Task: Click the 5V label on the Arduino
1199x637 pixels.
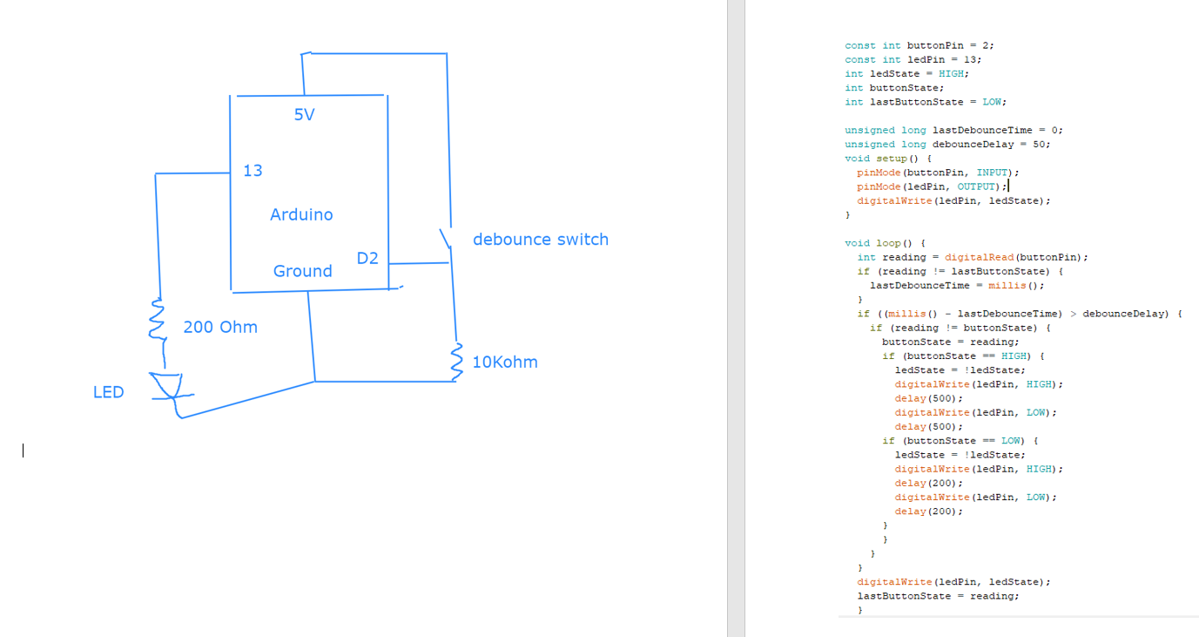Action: [x=304, y=114]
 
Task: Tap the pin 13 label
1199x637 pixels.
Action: [x=253, y=171]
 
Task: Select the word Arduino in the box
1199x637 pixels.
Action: [x=301, y=214]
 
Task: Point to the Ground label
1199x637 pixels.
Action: [x=302, y=271]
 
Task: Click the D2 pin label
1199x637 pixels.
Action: [x=367, y=258]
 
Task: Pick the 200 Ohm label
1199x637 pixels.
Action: [x=220, y=328]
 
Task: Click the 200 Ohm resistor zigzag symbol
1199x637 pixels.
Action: [x=158, y=320]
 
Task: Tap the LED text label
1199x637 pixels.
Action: [x=109, y=392]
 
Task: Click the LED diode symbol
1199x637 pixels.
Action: [x=166, y=387]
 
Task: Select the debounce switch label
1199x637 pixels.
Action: [x=540, y=240]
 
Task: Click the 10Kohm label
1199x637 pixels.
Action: [x=505, y=363]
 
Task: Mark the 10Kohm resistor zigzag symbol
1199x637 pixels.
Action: [x=455, y=362]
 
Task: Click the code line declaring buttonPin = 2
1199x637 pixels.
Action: [x=919, y=45]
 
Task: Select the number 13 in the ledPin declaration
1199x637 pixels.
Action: [x=971, y=59]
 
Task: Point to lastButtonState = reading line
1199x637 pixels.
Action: [x=938, y=596]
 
